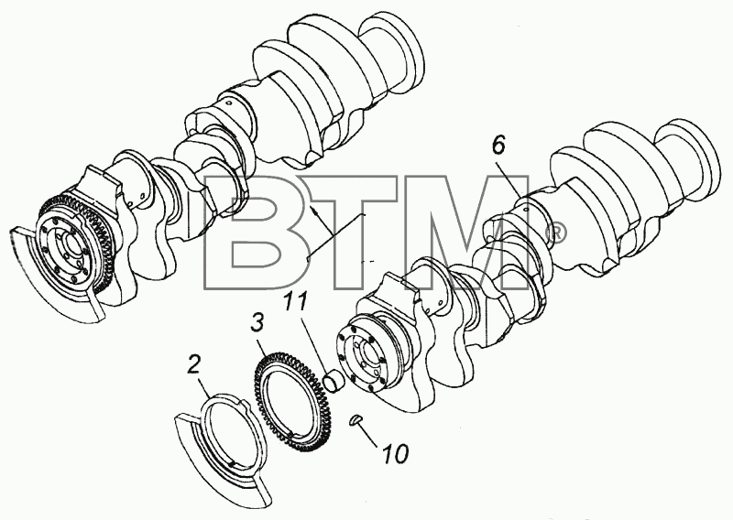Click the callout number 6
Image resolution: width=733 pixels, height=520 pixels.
point(498,146)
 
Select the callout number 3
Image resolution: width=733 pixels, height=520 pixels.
point(257,323)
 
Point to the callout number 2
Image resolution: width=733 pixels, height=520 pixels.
point(194,364)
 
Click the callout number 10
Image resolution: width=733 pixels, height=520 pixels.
point(396,453)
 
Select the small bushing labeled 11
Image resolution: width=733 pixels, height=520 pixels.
point(334,379)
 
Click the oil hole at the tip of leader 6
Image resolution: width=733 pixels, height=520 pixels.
point(527,211)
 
